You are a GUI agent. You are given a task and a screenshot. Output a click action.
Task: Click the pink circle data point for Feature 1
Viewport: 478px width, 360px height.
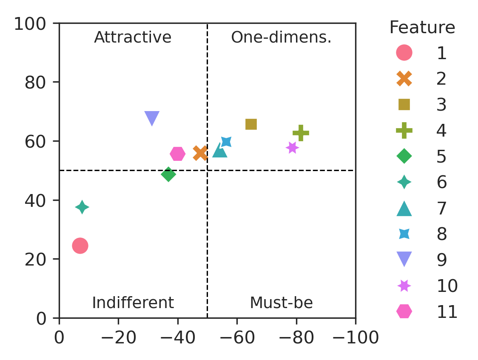click(x=80, y=246)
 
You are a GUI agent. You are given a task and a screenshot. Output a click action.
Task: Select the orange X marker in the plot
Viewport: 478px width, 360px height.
click(x=200, y=153)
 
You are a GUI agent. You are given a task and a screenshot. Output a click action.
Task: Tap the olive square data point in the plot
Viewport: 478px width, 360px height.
click(x=251, y=124)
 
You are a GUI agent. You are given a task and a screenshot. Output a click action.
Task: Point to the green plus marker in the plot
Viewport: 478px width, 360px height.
click(x=301, y=133)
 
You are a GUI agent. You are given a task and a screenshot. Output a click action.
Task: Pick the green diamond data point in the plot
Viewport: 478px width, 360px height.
click(x=168, y=174)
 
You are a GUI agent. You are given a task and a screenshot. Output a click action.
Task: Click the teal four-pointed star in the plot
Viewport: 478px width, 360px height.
click(x=82, y=207)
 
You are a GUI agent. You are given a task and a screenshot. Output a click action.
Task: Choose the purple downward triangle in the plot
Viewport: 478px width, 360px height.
click(x=152, y=118)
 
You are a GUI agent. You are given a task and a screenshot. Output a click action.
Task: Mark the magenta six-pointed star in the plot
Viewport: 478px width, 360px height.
click(x=292, y=148)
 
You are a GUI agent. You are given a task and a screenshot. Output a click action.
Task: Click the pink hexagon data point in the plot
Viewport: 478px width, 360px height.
click(x=177, y=154)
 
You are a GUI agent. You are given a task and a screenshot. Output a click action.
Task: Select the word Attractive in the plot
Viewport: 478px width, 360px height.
click(x=133, y=38)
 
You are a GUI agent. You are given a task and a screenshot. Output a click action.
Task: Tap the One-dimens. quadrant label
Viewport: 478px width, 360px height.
click(x=281, y=38)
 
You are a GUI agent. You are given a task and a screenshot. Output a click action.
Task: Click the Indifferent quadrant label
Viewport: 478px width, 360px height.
click(x=133, y=303)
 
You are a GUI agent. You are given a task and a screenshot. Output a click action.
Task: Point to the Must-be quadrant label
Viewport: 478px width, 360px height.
click(x=281, y=303)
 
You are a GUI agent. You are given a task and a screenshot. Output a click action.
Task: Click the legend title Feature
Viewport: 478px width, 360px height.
click(x=422, y=28)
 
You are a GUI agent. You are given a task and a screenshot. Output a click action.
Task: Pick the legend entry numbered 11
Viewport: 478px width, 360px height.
click(x=447, y=312)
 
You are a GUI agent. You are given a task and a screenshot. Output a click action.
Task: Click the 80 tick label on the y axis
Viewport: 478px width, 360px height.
click(x=35, y=82)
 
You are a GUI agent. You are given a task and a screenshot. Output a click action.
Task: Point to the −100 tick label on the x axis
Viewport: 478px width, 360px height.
click(x=356, y=338)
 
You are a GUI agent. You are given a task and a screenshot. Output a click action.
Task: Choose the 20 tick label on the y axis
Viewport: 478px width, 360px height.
click(x=35, y=259)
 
